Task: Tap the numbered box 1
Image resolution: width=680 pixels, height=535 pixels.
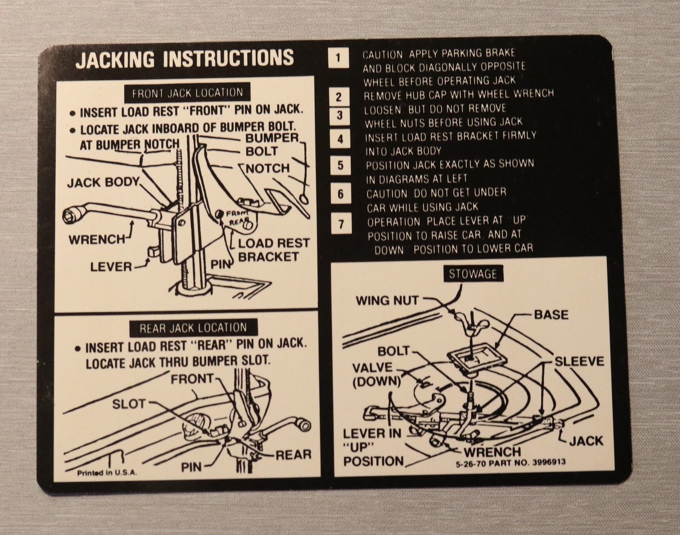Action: coord(338,58)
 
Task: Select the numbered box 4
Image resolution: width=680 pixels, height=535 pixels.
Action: coord(340,139)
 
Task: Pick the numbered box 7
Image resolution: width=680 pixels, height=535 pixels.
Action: coord(341,224)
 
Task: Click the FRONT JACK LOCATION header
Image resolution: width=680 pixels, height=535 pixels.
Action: coord(187,93)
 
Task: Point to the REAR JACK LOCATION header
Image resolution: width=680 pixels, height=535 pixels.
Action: coord(193,328)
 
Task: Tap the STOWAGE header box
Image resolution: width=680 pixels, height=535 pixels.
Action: coord(473,274)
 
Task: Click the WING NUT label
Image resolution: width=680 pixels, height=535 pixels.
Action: coord(387,301)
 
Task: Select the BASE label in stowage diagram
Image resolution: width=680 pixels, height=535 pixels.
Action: coord(551,315)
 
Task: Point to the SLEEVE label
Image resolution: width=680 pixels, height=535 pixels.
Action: coord(579,361)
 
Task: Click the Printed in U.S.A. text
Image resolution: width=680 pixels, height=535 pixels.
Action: coord(107,473)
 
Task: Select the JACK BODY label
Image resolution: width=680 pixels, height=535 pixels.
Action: coord(103,183)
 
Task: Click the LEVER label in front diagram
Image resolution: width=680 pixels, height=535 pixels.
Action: coord(111,267)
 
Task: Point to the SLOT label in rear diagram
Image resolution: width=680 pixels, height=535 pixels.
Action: coord(129,404)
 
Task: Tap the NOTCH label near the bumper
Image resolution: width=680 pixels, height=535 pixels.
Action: coord(268,169)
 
